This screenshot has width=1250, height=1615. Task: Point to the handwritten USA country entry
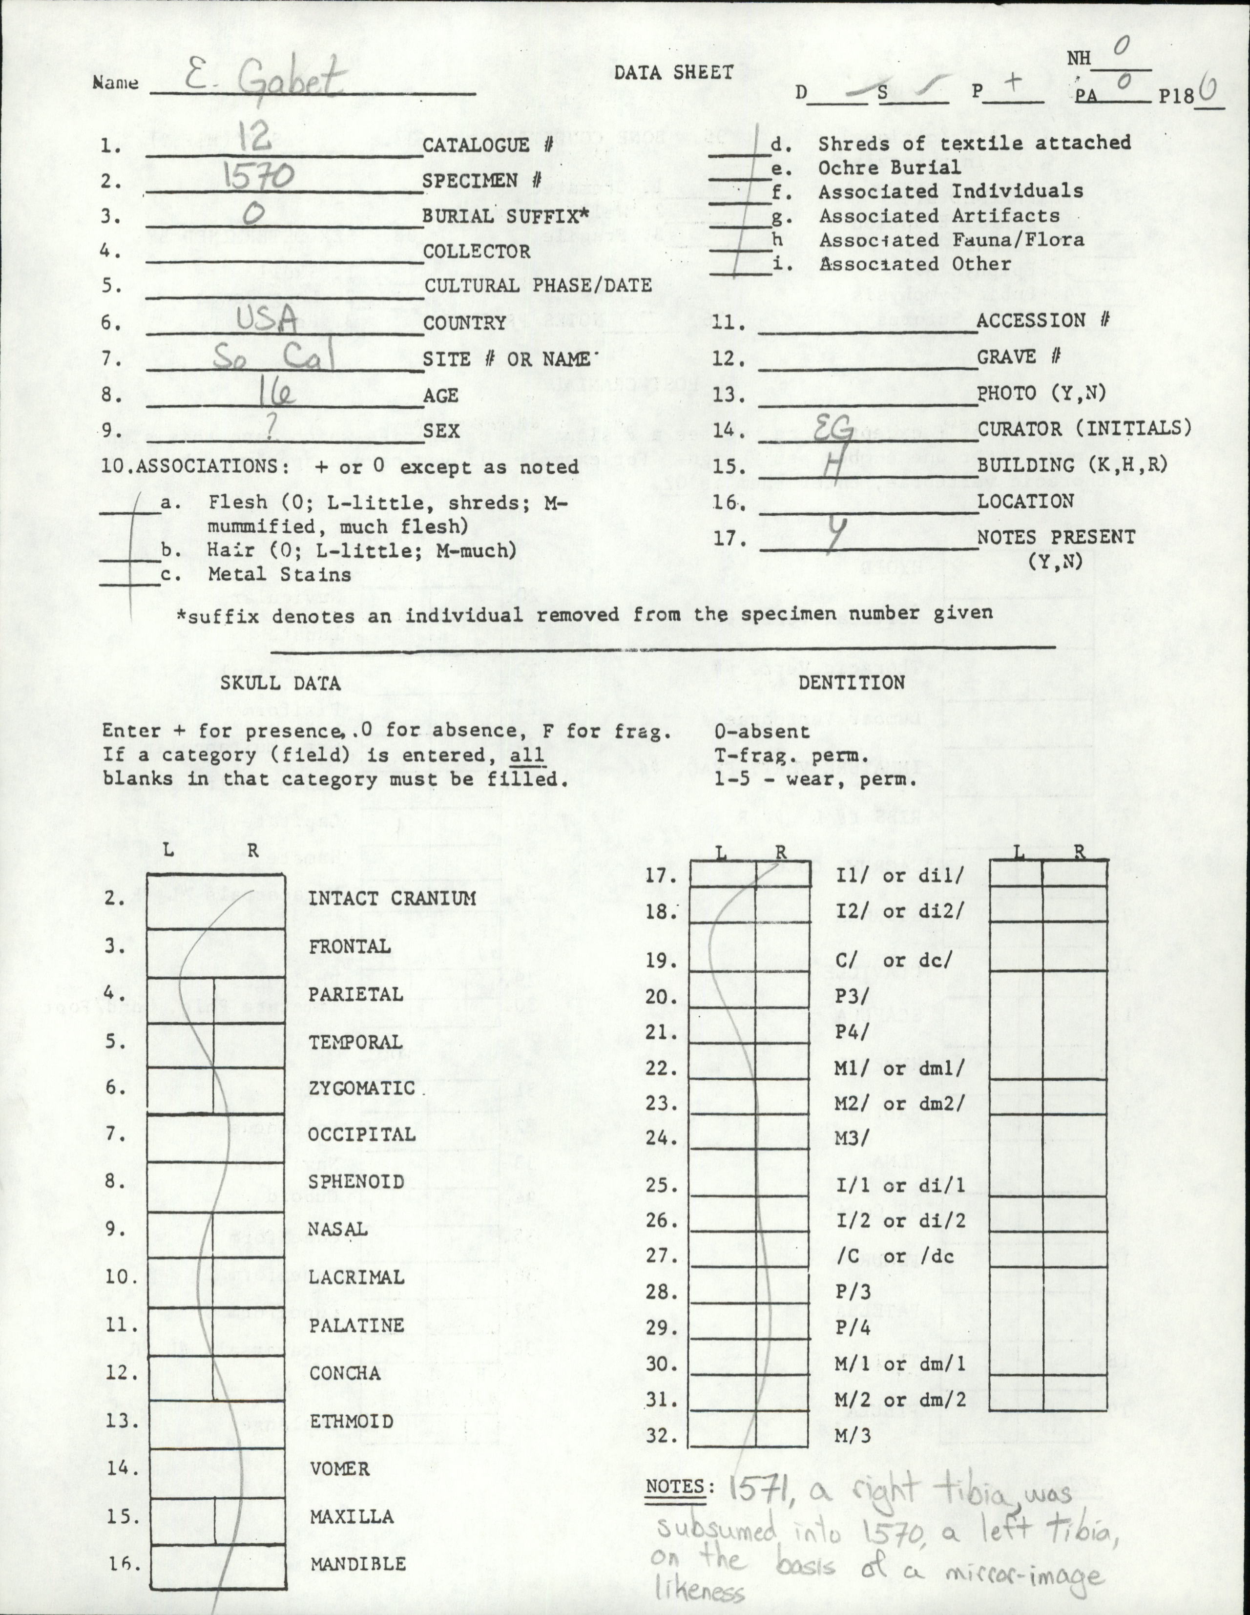point(266,320)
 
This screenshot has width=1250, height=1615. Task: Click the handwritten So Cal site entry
point(273,358)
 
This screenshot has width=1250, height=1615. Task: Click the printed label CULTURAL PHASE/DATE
point(538,285)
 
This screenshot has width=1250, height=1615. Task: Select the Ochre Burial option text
point(889,167)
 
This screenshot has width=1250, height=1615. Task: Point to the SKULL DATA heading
point(280,683)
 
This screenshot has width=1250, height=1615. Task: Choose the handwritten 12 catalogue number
point(254,136)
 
